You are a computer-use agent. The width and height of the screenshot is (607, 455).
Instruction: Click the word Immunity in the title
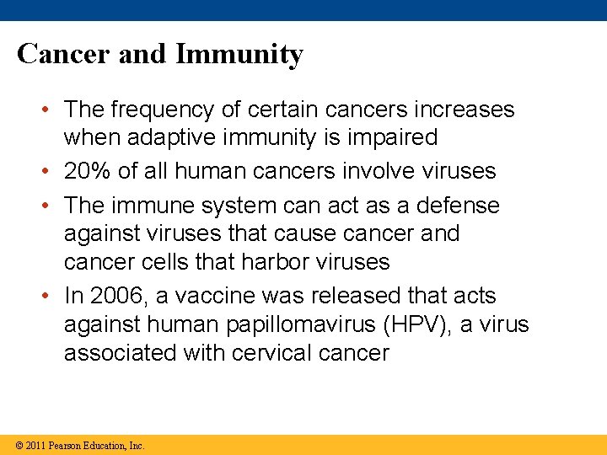pyautogui.click(x=239, y=55)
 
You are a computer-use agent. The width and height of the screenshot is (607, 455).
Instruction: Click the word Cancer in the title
pyautogui.click(x=64, y=54)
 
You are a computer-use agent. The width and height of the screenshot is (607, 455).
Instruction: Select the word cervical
pyautogui.click(x=270, y=352)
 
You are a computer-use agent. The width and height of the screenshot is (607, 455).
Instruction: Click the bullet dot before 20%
pyautogui.click(x=52, y=172)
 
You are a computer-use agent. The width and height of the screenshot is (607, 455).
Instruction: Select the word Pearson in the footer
pyautogui.click(x=66, y=446)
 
